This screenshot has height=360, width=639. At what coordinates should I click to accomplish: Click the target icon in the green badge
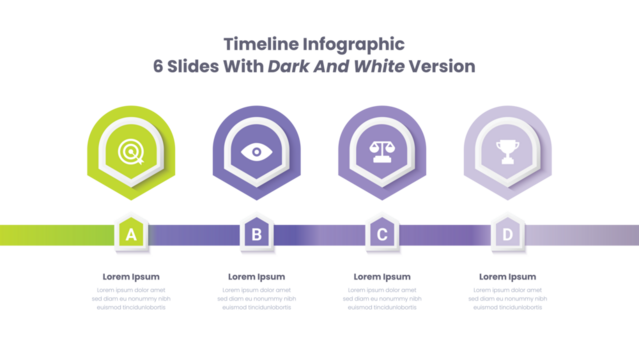pyautogui.click(x=131, y=152)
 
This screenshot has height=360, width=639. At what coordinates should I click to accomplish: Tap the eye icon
pyautogui.click(x=256, y=152)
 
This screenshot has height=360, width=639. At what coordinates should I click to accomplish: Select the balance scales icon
pyautogui.click(x=382, y=152)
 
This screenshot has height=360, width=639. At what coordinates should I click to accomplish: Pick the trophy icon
pyautogui.click(x=507, y=152)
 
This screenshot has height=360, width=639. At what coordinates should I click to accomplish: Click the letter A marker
pyautogui.click(x=131, y=235)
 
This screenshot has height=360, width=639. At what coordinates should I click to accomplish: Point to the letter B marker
pyautogui.click(x=256, y=235)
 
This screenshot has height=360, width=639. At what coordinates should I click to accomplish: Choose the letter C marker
pyautogui.click(x=382, y=235)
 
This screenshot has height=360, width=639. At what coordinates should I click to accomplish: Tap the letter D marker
pyautogui.click(x=508, y=235)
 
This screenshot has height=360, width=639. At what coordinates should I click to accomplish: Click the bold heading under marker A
pyautogui.click(x=131, y=277)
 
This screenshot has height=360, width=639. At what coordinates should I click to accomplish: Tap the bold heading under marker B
pyautogui.click(x=256, y=277)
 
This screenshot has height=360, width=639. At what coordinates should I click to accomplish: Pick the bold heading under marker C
pyautogui.click(x=382, y=277)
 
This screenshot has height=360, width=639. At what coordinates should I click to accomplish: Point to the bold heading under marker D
pyautogui.click(x=508, y=277)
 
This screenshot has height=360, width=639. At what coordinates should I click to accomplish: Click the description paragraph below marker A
pyautogui.click(x=131, y=298)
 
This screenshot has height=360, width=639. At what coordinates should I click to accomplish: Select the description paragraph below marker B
pyautogui.click(x=256, y=298)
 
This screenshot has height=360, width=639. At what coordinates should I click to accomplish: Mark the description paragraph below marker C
pyautogui.click(x=382, y=298)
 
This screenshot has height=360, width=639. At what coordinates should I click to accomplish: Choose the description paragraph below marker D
pyautogui.click(x=508, y=298)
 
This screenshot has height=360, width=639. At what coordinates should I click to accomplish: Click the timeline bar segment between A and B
pyautogui.click(x=193, y=235)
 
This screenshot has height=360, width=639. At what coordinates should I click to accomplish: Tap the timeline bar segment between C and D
pyautogui.click(x=445, y=235)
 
